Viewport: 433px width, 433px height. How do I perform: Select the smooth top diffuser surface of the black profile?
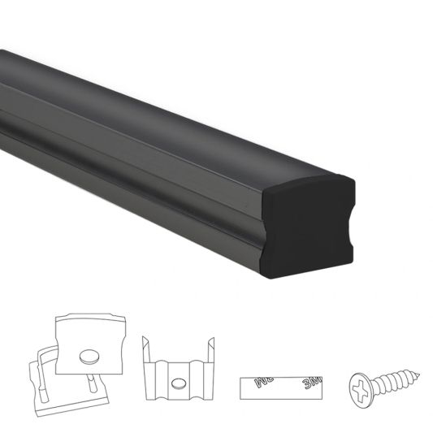tap(162, 106)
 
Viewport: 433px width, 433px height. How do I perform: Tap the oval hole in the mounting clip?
tap(178, 382)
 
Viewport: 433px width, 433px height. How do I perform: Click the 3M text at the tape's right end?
tap(313, 382)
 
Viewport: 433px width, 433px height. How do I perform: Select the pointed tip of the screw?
tap(422, 375)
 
